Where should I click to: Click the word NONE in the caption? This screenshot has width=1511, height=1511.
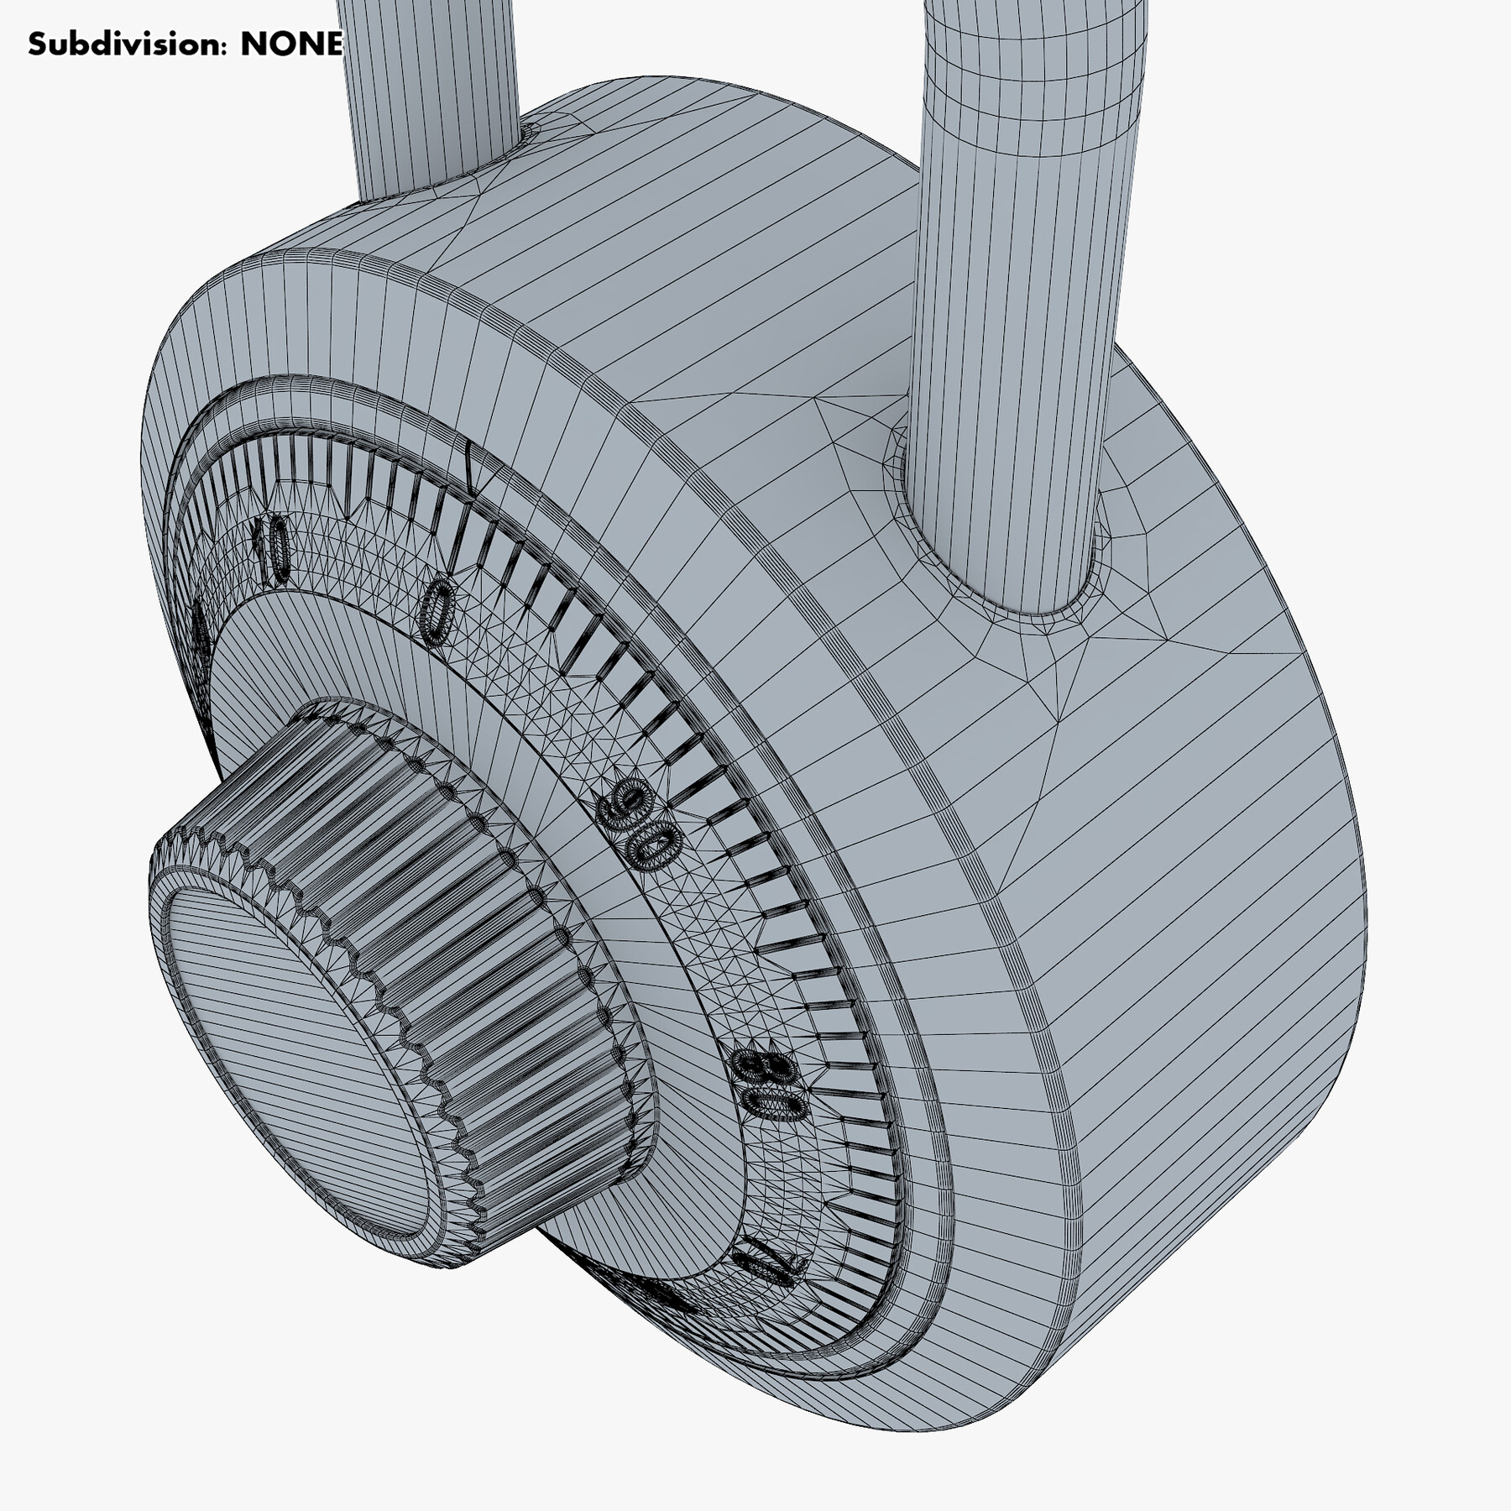(291, 44)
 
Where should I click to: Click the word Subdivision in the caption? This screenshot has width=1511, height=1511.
(126, 44)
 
